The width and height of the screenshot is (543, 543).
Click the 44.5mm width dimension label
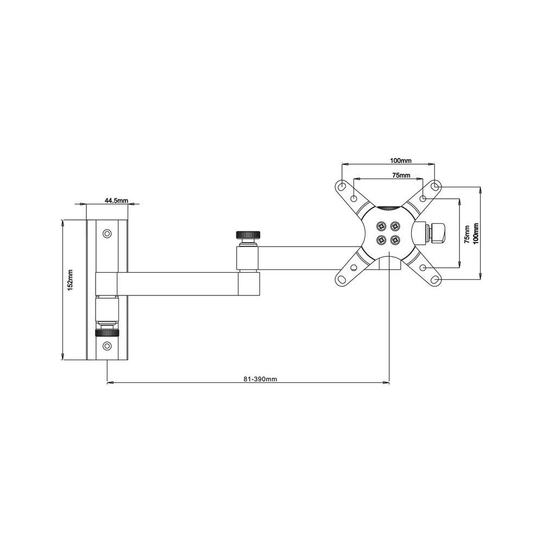pos(116,200)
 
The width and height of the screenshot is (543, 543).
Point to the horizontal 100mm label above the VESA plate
pos(401,161)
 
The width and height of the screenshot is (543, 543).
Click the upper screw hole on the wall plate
pos(108,234)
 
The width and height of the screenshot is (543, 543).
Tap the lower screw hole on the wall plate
pos(108,345)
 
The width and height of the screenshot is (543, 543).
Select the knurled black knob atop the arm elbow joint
pos(248,235)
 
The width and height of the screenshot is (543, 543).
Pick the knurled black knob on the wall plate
pos(108,333)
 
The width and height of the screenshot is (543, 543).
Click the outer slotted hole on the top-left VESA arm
pos(342,186)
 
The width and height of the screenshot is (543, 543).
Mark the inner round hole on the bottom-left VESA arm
pos(353,268)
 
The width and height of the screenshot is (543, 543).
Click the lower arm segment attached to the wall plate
pos(179,283)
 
